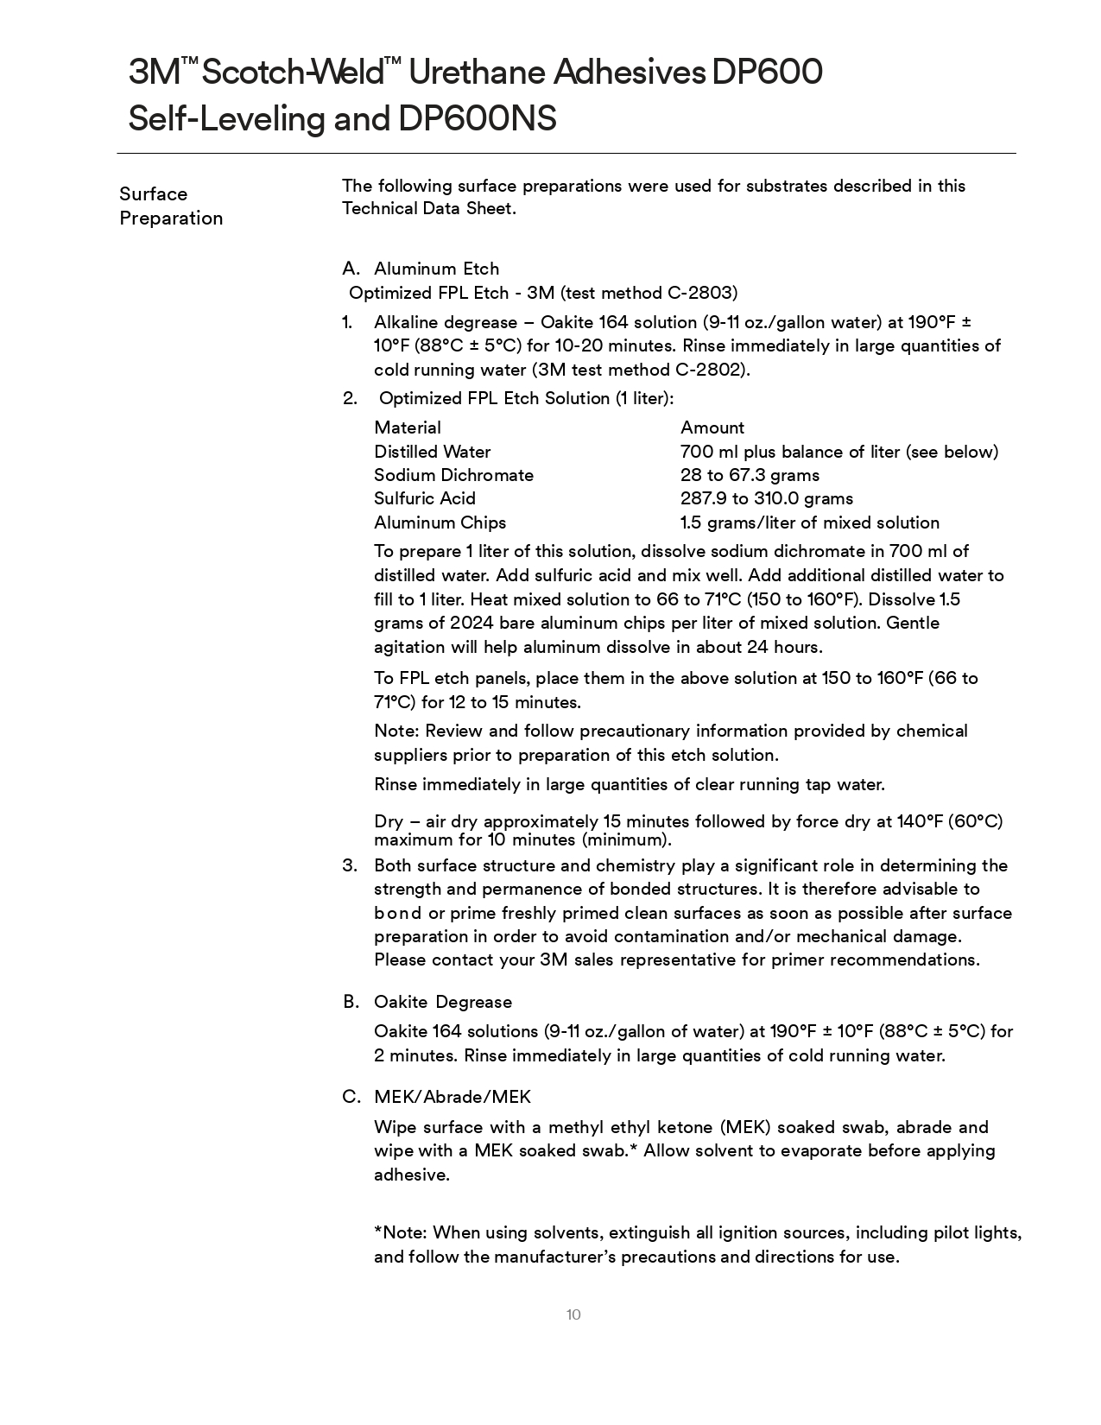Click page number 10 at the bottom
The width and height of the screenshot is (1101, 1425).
(573, 1314)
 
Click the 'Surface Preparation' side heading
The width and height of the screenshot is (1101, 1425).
(171, 206)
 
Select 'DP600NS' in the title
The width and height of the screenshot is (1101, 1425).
(477, 118)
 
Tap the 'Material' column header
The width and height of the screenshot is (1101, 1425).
(408, 427)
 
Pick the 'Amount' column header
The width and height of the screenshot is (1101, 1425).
(712, 427)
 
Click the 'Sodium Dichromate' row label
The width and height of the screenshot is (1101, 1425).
(453, 475)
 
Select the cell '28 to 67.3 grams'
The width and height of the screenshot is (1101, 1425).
(750, 475)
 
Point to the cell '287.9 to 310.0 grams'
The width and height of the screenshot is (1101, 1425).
(766, 498)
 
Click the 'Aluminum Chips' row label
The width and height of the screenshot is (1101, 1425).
(440, 522)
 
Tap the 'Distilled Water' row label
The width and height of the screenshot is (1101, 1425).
(432, 452)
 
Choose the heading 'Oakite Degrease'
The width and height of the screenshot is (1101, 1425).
(442, 1002)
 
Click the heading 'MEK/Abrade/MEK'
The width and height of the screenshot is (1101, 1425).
(452, 1097)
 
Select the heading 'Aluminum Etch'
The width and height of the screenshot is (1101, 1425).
(436, 269)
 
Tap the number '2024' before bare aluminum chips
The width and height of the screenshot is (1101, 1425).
(471, 623)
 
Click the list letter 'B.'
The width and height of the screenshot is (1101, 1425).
(351, 1002)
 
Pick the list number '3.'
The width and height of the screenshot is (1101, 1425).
(350, 865)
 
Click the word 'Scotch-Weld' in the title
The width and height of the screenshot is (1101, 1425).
(294, 73)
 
